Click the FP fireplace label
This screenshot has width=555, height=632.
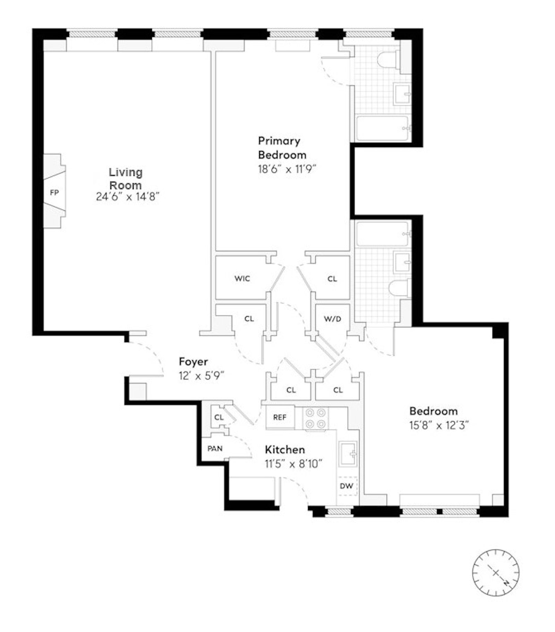[x=54, y=193]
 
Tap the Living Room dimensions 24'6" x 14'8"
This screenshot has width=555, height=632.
[x=127, y=197]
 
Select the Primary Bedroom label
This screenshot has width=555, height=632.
[x=282, y=148]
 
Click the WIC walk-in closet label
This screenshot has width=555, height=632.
[x=242, y=279]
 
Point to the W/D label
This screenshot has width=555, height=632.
[x=332, y=319]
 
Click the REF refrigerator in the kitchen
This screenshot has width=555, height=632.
[x=280, y=417]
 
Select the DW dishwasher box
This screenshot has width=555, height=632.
[x=346, y=486]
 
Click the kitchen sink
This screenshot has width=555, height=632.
[x=348, y=454]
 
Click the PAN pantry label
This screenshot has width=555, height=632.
[x=215, y=449]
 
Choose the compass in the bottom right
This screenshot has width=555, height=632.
[x=496, y=573]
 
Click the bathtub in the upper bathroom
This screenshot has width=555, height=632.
[x=382, y=129]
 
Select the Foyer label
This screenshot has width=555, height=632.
[x=193, y=362]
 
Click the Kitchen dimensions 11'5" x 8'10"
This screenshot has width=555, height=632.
[x=293, y=464]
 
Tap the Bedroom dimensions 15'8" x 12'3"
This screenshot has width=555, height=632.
[x=439, y=425]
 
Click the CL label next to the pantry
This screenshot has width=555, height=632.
[x=219, y=417]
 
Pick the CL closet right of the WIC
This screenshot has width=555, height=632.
[x=332, y=279]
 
